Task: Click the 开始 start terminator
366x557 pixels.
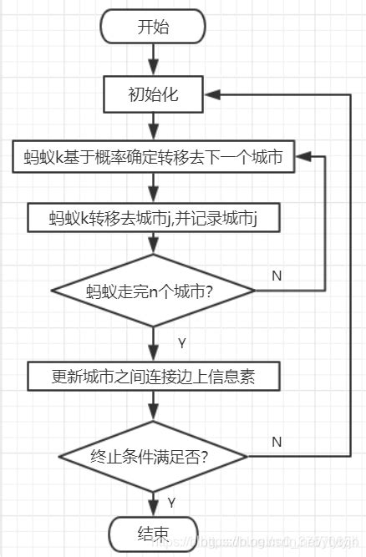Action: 152,27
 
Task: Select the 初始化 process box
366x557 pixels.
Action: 152,95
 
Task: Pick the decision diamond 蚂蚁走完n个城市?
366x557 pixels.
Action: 153,291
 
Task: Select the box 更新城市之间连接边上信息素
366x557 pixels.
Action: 153,377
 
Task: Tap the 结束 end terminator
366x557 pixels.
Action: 152,531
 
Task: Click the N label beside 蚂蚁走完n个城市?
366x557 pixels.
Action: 277,274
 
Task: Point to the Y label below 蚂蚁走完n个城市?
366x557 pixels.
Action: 181,342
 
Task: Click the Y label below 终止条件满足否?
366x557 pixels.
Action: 170,503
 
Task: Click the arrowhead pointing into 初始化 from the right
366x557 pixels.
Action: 211,95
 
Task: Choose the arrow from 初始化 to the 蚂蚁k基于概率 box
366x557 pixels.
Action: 152,126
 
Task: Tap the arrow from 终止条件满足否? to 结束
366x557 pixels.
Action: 152,500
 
